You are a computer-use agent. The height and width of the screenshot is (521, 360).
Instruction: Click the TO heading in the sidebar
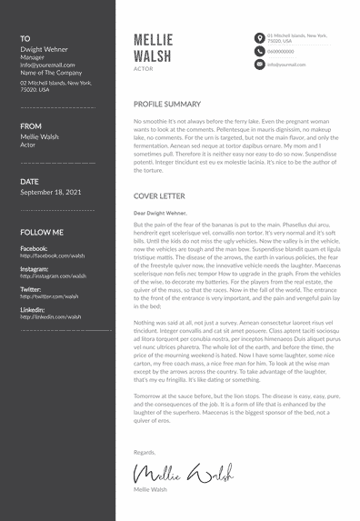[25, 38]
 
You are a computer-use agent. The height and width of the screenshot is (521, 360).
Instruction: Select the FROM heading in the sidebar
[31, 126]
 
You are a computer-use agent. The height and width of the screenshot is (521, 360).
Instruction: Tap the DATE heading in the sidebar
[29, 182]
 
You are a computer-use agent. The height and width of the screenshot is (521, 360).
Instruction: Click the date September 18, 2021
[51, 193]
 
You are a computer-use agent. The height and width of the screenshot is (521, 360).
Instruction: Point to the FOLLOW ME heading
[42, 233]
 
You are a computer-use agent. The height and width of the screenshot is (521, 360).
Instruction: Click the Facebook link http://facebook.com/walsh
[53, 256]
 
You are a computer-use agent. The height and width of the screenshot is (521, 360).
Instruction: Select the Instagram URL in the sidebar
[53, 276]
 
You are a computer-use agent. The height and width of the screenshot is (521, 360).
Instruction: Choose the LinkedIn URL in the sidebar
[50, 316]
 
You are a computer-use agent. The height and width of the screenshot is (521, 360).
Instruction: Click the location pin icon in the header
[260, 38]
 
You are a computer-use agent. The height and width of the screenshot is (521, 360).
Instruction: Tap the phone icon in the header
[260, 52]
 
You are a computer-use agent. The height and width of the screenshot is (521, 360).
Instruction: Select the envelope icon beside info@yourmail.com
[260, 65]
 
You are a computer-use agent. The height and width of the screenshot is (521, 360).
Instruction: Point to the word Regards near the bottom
[145, 452]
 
